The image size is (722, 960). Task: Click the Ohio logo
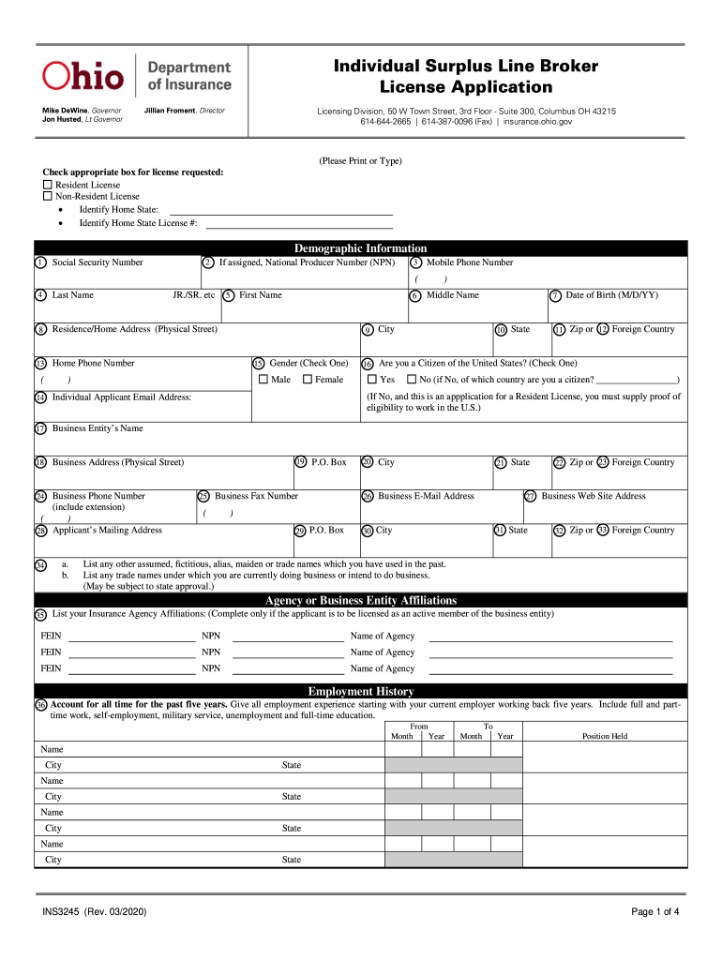pos(83,76)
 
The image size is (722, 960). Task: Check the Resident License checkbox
pos(48,186)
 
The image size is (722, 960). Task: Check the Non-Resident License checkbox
pos(48,197)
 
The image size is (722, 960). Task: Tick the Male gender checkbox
pos(263,380)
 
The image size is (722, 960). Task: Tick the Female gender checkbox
pos(307,380)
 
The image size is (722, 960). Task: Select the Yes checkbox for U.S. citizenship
pos(370,380)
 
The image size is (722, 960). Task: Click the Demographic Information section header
pos(360,248)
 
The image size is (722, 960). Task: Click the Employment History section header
pos(360,692)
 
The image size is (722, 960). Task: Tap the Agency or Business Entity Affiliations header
pos(360,600)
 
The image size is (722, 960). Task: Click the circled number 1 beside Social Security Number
pos(40,262)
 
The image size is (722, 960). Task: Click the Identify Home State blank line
pos(279,210)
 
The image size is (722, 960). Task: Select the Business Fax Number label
pos(256,496)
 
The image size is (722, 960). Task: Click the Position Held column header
pos(605,736)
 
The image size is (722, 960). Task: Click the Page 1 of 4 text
pos(654,912)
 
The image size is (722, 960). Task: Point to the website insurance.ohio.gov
pos(534,122)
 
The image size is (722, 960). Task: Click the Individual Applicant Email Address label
pos(122,397)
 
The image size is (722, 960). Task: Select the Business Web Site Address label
pos(593,496)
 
